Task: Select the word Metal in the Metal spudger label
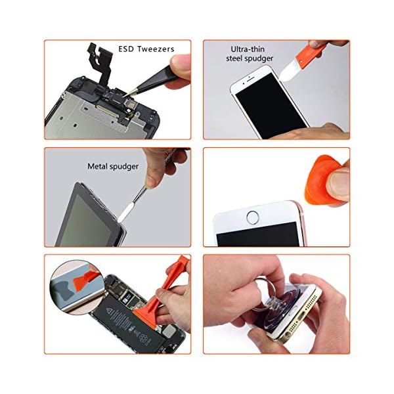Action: [98, 167]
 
